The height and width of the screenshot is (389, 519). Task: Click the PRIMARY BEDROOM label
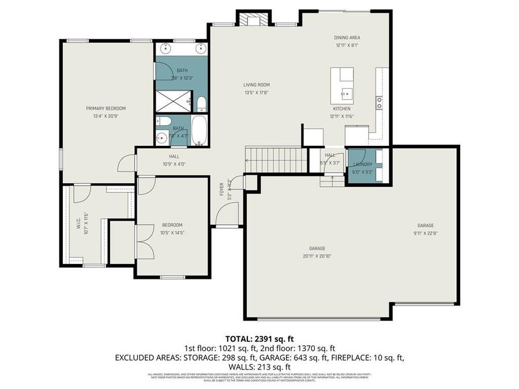[106, 108]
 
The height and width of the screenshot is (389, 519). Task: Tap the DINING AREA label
[347, 37]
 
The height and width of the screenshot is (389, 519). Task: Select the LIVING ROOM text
[257, 85]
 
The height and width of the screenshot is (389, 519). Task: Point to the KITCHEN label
[341, 108]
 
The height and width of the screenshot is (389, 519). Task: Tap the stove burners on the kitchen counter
[379, 103]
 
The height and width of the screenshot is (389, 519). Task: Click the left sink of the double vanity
[165, 48]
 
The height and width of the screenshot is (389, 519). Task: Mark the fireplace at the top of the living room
[254, 20]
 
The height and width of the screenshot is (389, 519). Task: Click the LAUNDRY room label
[362, 164]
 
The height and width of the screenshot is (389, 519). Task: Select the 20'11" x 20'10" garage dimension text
[317, 256]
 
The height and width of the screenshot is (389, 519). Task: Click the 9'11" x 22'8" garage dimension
[426, 233]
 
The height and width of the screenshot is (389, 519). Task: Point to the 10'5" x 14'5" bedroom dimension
[172, 232]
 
